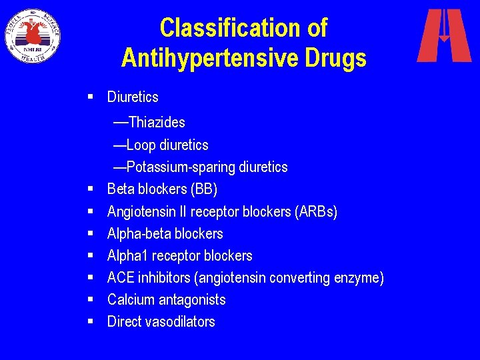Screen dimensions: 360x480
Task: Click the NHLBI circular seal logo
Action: [x=33, y=35]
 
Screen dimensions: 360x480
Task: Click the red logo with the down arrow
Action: [x=444, y=35]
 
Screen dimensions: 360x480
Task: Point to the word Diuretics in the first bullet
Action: [x=133, y=97]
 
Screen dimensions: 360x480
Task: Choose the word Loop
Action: [x=140, y=145]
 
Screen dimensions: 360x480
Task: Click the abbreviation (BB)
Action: [x=204, y=189]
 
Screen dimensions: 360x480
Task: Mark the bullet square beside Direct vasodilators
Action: [x=89, y=322]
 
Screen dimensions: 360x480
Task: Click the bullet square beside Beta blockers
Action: [x=89, y=189]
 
